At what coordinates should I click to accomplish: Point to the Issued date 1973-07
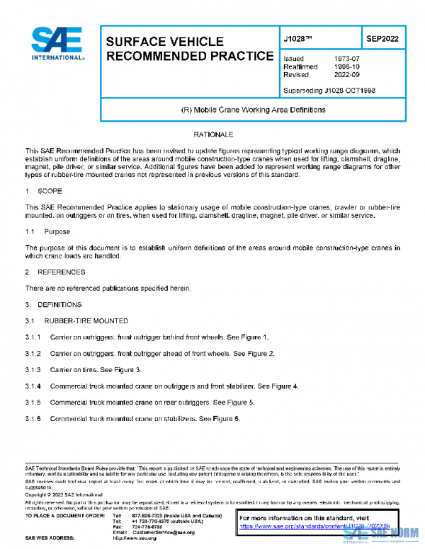coord(346,59)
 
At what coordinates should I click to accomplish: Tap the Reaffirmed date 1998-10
coord(346,67)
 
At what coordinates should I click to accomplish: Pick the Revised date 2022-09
coord(346,74)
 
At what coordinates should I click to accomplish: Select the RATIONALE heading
coord(213,134)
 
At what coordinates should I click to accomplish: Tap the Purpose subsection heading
coord(57,231)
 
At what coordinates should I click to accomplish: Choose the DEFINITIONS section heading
coord(57,304)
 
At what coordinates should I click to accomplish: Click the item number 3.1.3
coord(33,369)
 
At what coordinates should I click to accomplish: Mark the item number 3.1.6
coord(33,419)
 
